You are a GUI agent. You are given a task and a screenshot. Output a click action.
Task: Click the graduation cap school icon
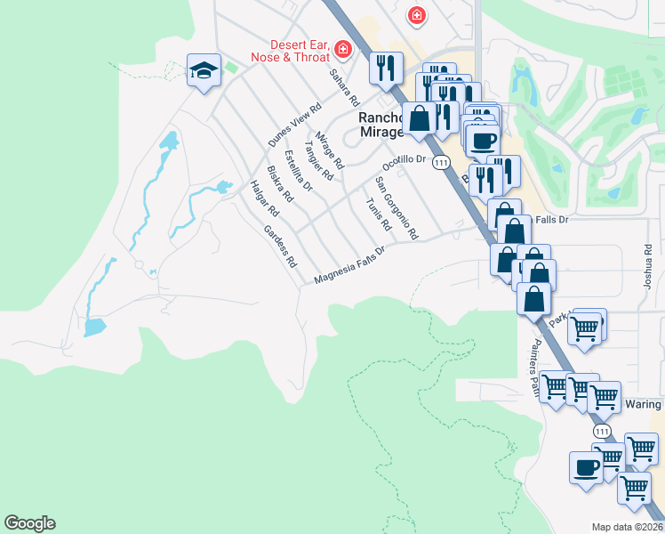click(204, 70)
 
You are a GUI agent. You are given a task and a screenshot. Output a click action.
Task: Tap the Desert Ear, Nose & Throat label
click(300, 50)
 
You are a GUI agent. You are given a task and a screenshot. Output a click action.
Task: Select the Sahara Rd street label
click(342, 87)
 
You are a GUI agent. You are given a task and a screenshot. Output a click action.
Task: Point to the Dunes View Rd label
click(293, 125)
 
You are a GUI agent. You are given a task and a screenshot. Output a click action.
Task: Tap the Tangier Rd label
click(317, 160)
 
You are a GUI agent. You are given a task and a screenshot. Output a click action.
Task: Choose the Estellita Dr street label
click(298, 170)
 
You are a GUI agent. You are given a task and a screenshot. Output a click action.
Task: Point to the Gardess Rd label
click(279, 247)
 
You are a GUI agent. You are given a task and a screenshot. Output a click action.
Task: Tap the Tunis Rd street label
click(378, 214)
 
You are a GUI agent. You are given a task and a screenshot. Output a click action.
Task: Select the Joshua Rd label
click(647, 269)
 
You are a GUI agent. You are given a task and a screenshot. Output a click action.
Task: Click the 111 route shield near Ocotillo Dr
click(441, 163)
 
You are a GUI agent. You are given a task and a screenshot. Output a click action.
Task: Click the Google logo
click(29, 523)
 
